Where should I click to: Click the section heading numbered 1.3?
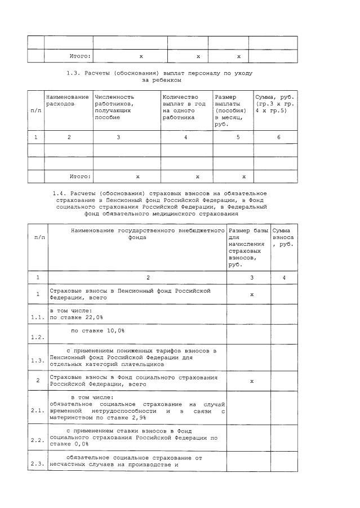click(x=159, y=77)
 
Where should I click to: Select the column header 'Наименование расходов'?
click(x=67, y=100)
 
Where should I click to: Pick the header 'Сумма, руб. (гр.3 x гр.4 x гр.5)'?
click(x=275, y=104)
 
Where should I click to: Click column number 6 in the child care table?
click(x=278, y=137)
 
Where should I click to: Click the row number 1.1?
click(x=38, y=317)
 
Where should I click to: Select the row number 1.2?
click(x=38, y=337)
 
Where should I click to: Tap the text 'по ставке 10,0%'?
click(x=97, y=330)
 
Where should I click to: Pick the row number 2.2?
click(x=38, y=440)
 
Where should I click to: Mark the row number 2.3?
click(x=38, y=465)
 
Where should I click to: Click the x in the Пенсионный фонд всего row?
click(x=251, y=294)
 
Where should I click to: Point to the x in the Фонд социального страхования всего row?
click(x=251, y=381)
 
